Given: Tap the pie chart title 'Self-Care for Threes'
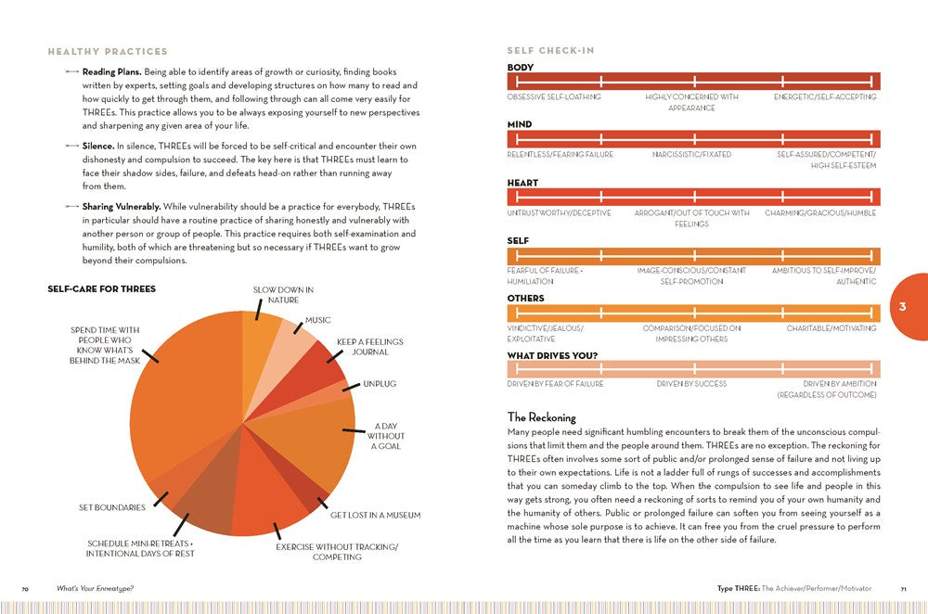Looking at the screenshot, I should (101, 289).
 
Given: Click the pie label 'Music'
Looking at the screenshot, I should (317, 320).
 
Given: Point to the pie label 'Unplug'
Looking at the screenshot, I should (379, 382).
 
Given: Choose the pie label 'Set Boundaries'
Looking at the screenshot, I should (112, 507).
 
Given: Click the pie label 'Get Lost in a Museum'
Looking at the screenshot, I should (375, 515).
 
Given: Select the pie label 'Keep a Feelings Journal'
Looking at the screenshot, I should (362, 347).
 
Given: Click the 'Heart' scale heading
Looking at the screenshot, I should (522, 183).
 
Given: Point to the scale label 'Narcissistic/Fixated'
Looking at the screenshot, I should (691, 154).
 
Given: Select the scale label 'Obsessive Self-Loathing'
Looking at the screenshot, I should (554, 96).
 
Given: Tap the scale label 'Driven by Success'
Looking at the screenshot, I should (691, 383).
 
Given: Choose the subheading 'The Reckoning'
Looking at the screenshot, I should (542, 417).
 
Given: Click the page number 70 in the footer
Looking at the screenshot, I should (26, 589).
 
